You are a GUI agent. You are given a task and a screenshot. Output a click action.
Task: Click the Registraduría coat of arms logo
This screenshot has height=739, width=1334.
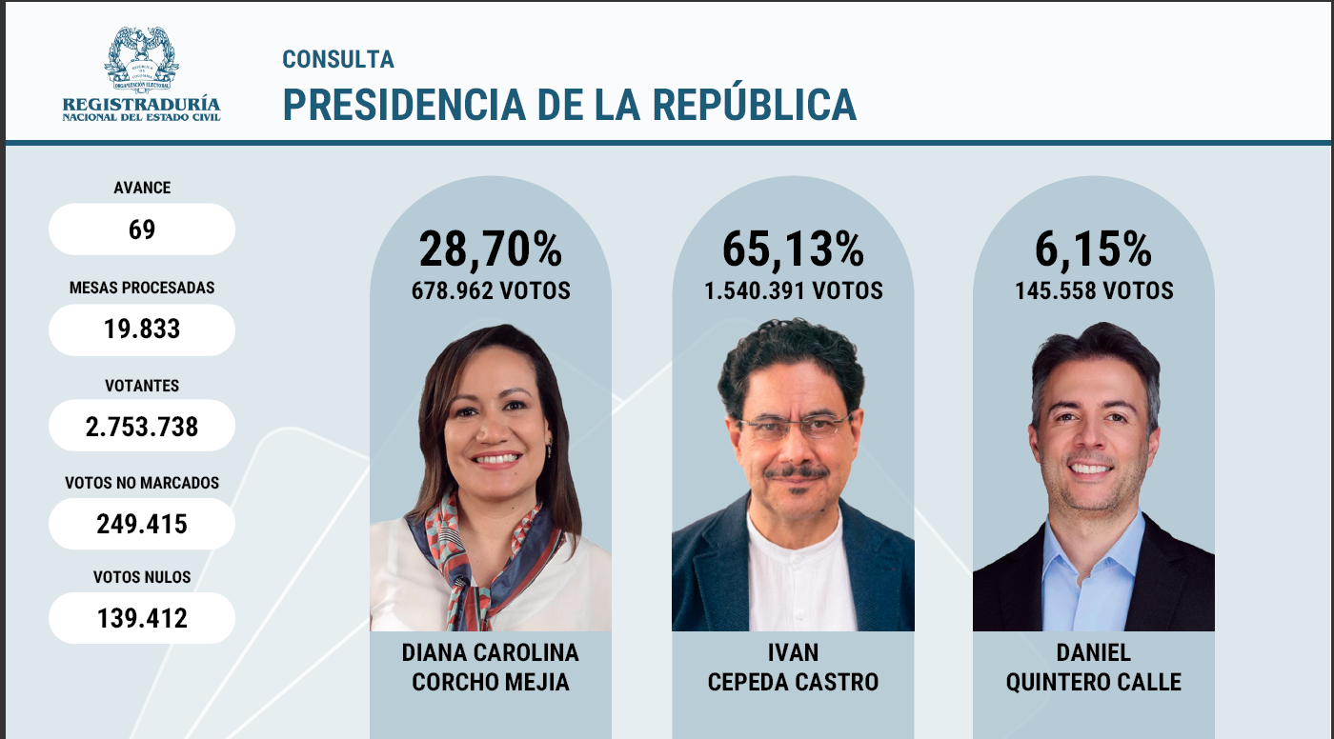tap(141, 60)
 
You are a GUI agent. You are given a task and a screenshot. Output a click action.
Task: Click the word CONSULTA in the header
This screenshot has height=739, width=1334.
tap(338, 59)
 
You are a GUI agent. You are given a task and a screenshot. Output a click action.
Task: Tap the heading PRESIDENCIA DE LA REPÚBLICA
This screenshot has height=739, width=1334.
tap(569, 104)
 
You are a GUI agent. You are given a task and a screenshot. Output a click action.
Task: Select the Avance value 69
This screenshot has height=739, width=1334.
tap(141, 230)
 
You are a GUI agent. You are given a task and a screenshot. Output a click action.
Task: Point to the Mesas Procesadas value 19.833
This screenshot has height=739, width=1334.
tap(141, 330)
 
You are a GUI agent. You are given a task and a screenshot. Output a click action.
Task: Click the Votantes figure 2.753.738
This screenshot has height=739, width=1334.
tap(141, 426)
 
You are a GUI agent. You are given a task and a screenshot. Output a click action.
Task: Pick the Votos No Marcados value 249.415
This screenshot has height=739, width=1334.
tap(141, 524)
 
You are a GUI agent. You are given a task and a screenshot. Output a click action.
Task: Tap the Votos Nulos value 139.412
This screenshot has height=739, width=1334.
tap(141, 618)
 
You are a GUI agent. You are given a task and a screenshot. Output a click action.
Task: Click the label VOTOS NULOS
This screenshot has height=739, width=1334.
tap(141, 577)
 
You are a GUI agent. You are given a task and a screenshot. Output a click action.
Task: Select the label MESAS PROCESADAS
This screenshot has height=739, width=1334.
tap(141, 287)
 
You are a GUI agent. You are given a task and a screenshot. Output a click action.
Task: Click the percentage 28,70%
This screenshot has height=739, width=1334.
tap(491, 250)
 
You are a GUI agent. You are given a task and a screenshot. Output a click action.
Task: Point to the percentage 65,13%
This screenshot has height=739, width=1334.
tap(793, 250)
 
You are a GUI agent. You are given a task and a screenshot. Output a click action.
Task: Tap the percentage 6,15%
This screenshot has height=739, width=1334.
tap(1093, 250)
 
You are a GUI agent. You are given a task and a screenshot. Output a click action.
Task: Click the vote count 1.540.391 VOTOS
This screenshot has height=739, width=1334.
tap(793, 290)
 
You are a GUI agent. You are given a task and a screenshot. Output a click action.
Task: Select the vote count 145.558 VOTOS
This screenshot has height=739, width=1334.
tap(1093, 290)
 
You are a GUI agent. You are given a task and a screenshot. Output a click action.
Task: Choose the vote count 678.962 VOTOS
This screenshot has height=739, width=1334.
tap(491, 290)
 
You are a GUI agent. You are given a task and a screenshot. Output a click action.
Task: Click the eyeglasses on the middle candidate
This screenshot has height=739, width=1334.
tap(794, 426)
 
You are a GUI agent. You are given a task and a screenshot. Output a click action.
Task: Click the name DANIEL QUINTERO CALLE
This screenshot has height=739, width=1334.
tap(1093, 668)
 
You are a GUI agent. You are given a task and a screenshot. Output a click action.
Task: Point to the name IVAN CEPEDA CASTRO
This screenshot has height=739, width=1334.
tap(793, 668)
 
